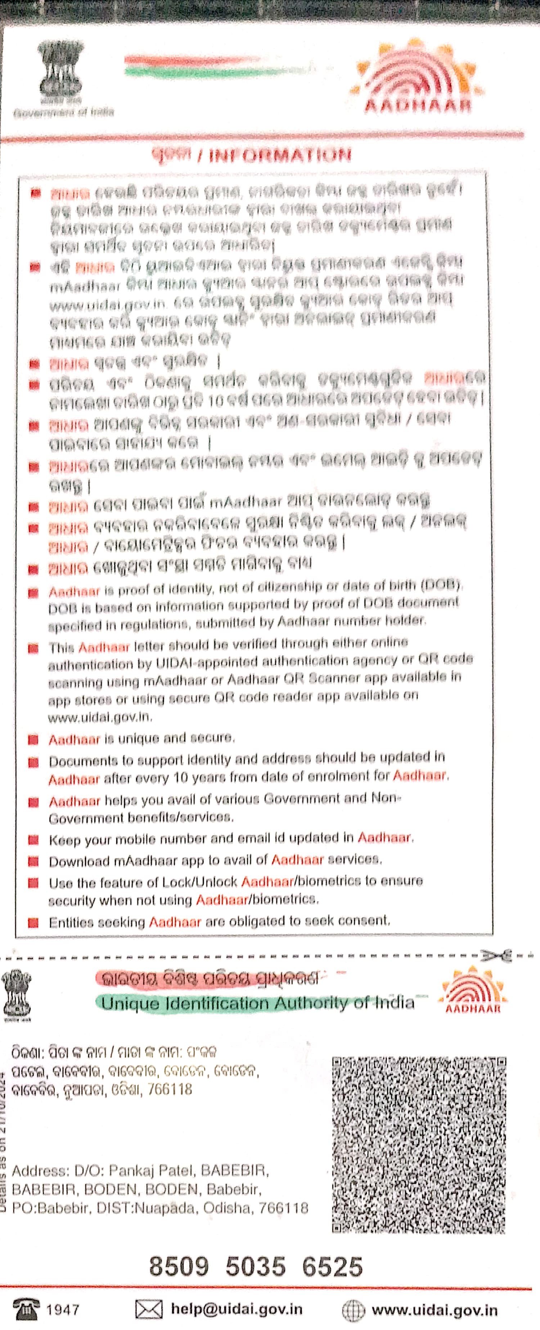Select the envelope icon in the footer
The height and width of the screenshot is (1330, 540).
148,1309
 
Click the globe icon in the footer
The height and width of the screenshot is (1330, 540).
354,1310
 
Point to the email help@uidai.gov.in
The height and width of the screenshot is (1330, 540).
236,1309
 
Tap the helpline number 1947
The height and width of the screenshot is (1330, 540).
63,1309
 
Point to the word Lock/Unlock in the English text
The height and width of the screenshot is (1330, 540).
205,882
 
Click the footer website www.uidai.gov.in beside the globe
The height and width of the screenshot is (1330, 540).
434,1310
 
